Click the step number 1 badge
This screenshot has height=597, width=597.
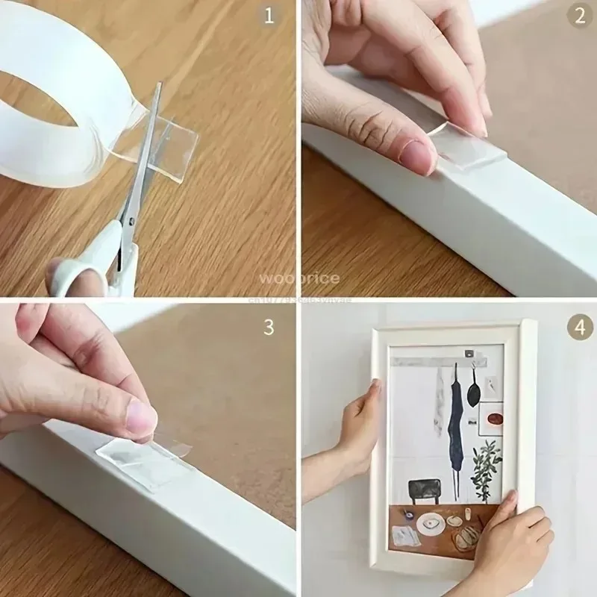tap(270, 14)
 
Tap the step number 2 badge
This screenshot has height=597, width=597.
tap(580, 14)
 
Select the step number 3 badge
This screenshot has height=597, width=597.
tap(270, 328)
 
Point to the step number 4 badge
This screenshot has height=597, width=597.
tap(580, 327)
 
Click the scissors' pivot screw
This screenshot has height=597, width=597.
tap(130, 222)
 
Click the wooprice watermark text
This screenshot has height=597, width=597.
tap(298, 278)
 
